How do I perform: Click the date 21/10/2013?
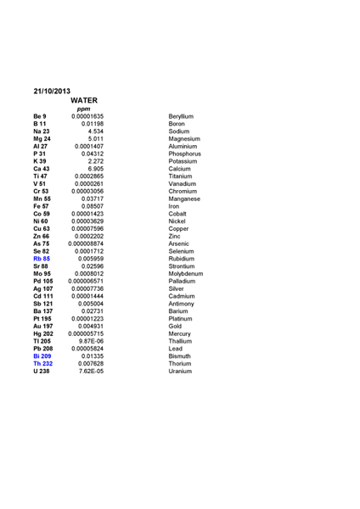point(52,91)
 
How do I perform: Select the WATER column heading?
point(87,100)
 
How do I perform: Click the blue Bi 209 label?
point(42,355)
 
